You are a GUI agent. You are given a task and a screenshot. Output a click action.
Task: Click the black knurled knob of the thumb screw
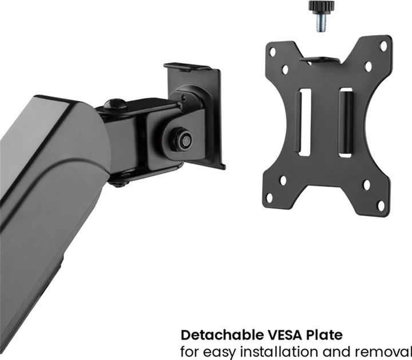click(322, 6)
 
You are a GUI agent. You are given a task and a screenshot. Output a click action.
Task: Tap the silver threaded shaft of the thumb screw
click(322, 23)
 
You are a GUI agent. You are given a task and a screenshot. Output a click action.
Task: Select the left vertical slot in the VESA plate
click(305, 122)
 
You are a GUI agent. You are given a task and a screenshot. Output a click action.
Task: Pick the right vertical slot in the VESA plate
click(346, 122)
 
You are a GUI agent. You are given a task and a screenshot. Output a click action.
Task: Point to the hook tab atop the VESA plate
click(319, 60)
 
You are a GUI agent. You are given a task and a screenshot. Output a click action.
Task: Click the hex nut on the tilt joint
click(182, 140)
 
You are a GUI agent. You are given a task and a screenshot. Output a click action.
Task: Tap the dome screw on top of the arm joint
click(115, 104)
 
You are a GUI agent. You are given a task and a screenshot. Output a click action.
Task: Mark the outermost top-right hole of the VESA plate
click(383, 46)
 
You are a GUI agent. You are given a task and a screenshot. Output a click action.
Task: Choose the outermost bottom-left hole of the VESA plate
click(269, 198)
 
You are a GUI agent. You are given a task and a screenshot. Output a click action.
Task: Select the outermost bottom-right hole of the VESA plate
click(381, 205)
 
